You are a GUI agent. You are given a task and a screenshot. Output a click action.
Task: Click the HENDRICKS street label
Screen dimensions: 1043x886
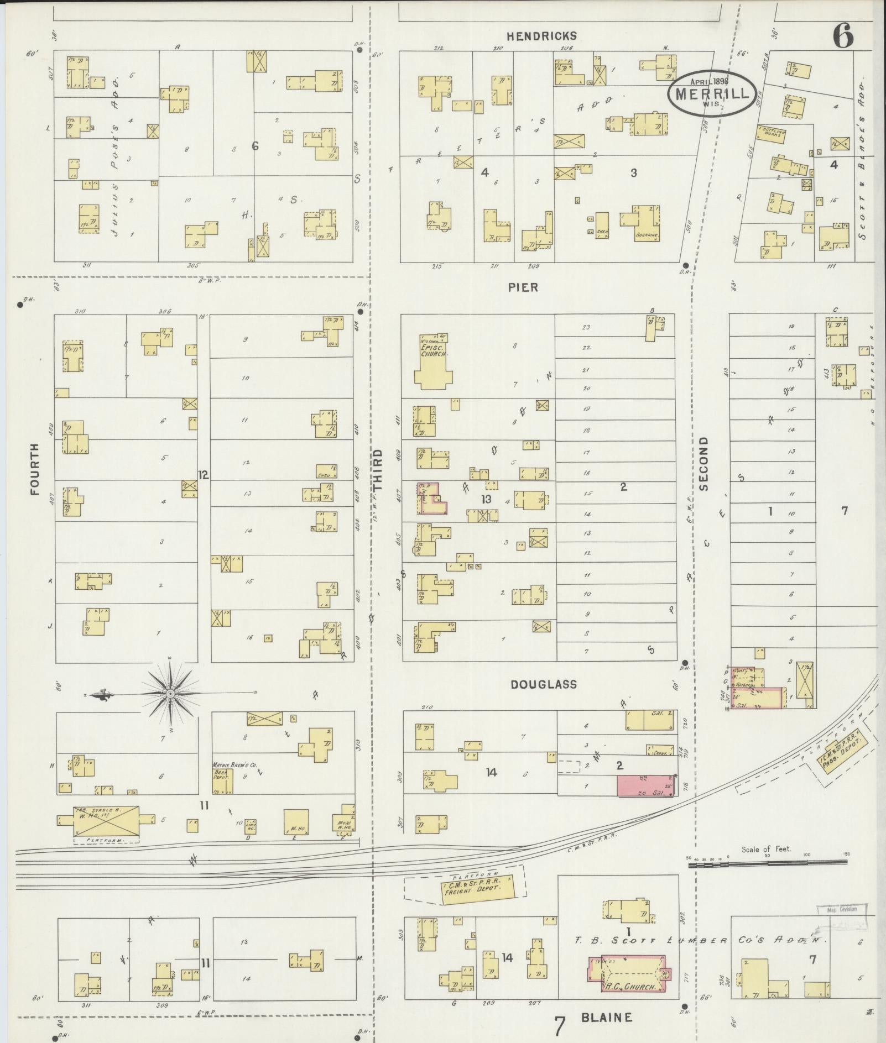(542, 36)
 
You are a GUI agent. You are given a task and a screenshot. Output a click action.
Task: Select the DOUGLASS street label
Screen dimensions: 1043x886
(543, 684)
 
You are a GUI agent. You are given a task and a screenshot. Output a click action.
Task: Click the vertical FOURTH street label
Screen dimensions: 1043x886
(35, 469)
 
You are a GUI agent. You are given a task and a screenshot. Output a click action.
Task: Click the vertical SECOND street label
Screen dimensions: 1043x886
(703, 464)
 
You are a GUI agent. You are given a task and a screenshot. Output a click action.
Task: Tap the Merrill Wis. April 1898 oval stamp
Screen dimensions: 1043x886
(711, 92)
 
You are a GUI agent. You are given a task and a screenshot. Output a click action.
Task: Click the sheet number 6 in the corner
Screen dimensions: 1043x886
(842, 36)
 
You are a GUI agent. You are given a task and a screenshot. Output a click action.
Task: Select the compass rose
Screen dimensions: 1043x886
(170, 693)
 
